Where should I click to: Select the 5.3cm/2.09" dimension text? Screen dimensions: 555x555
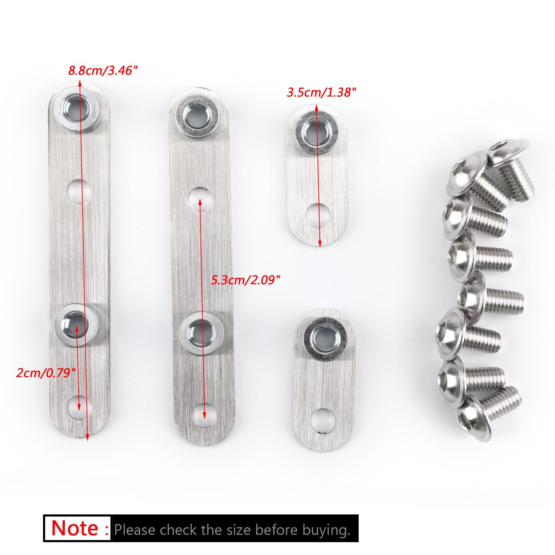tap(246, 280)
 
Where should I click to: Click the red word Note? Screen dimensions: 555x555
tap(75, 528)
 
